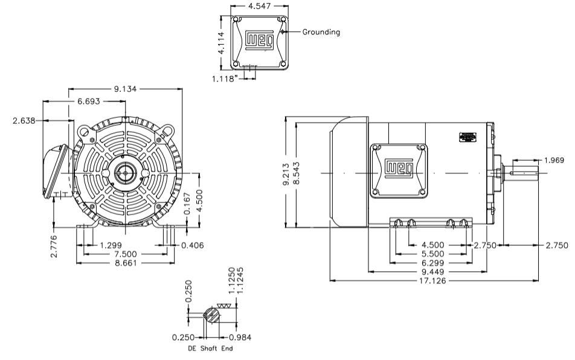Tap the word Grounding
[x=321, y=32]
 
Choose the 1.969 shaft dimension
[x=553, y=160]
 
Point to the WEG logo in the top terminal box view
[x=259, y=40]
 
